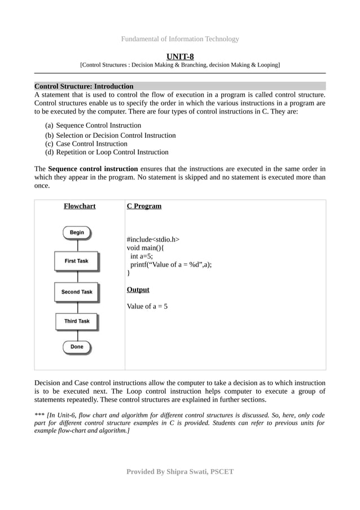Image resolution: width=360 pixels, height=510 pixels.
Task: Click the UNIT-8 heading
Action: tap(180, 55)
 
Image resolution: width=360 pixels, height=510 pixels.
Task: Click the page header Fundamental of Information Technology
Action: tap(180, 39)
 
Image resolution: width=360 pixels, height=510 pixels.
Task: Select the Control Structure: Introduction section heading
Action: tap(84, 86)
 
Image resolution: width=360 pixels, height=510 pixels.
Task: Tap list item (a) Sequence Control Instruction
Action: tap(93, 125)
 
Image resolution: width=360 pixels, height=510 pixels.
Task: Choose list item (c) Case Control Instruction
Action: tap(86, 143)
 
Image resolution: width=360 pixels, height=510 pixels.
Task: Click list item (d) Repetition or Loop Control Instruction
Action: tap(107, 152)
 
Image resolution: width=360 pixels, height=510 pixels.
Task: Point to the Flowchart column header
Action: tap(80, 206)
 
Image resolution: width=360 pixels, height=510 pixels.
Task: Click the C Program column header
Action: tap(144, 206)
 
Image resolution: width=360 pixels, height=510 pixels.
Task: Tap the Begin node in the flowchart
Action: tap(77, 232)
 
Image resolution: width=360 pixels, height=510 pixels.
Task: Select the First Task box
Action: tap(77, 261)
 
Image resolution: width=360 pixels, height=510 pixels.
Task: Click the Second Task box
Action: tap(77, 292)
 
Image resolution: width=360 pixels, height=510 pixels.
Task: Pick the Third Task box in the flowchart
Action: tap(77, 321)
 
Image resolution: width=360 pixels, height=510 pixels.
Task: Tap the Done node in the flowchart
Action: tap(77, 347)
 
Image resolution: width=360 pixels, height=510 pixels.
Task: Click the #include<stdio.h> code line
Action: tap(153, 239)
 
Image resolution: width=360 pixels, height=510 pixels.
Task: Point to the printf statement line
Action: tap(171, 264)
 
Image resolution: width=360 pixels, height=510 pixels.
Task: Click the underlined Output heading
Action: tap(138, 290)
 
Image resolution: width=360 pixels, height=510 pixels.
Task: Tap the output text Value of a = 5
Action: tap(147, 307)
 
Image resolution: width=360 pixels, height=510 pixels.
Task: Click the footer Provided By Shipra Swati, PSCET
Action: tap(180, 472)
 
